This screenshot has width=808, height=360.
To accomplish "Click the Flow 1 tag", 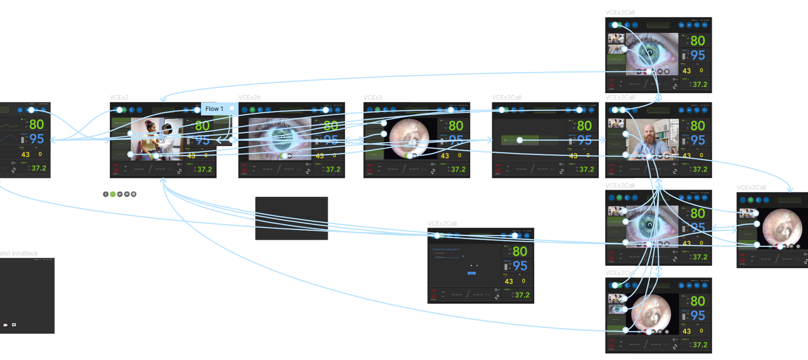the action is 214,109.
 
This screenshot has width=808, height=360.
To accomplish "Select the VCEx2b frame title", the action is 249,97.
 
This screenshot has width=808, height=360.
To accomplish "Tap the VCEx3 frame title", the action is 373,97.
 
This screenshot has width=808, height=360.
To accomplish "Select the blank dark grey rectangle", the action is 291,218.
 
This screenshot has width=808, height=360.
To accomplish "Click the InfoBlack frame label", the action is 19,253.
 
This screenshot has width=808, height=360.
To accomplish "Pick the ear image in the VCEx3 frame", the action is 409,138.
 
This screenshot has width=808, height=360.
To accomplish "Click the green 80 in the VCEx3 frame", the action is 456,126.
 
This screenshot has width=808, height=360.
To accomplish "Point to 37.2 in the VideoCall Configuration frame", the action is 522,295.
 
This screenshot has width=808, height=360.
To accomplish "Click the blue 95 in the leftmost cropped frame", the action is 36,139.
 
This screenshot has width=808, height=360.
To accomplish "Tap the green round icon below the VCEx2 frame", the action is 113,194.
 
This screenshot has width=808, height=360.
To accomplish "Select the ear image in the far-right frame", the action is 782,227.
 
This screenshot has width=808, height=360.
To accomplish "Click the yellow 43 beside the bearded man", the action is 686,156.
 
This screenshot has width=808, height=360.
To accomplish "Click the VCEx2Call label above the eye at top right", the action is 620,13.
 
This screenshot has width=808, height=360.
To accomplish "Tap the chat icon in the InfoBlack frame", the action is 14,324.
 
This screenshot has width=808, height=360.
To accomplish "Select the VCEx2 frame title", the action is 119,97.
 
